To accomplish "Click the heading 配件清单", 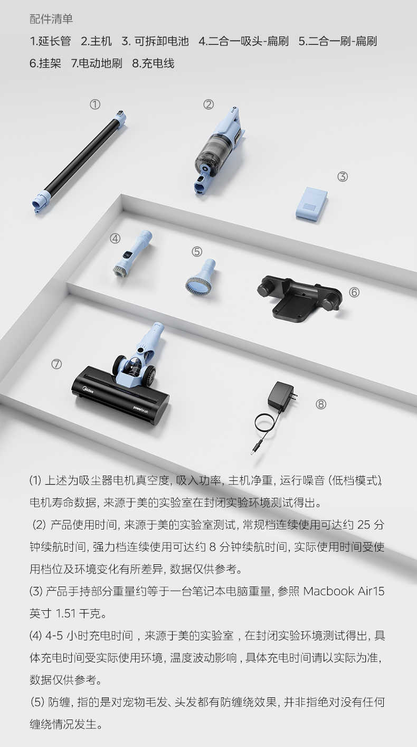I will click(51, 19).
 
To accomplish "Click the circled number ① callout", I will click(95, 105).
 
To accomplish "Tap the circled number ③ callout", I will click(343, 177).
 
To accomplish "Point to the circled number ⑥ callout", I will click(354, 292).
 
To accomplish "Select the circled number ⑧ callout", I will click(321, 404).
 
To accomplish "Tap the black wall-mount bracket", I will click(298, 299).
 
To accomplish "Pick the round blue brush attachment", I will click(200, 277).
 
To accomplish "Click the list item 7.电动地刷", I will click(97, 63).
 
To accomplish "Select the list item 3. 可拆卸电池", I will click(155, 41).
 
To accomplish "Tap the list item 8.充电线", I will click(153, 63).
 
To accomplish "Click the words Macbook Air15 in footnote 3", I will click(344, 591).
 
